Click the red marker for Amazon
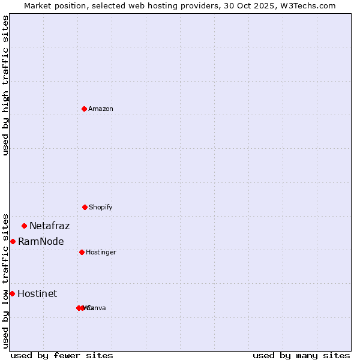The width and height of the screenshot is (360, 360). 84,109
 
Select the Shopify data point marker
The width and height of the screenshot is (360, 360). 85,207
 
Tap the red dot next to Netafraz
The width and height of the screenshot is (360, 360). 24,226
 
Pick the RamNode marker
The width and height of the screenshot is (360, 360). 13,241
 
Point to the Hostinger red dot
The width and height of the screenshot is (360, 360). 82,252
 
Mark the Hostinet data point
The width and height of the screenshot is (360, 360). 12,293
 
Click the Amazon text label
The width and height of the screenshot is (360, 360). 101,109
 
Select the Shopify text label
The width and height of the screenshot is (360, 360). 101,207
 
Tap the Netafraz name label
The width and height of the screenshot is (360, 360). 49,226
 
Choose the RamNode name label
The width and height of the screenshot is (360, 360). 41,242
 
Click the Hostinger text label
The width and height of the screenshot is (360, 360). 101,252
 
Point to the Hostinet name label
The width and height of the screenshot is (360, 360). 37,294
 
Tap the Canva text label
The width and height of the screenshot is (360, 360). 97,308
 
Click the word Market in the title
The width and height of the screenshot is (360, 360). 39,6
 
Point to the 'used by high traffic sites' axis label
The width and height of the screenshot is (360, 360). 6,86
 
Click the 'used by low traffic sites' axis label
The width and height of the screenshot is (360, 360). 6,281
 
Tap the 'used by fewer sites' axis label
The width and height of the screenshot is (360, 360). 62,355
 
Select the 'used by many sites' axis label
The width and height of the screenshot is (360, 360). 301,355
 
